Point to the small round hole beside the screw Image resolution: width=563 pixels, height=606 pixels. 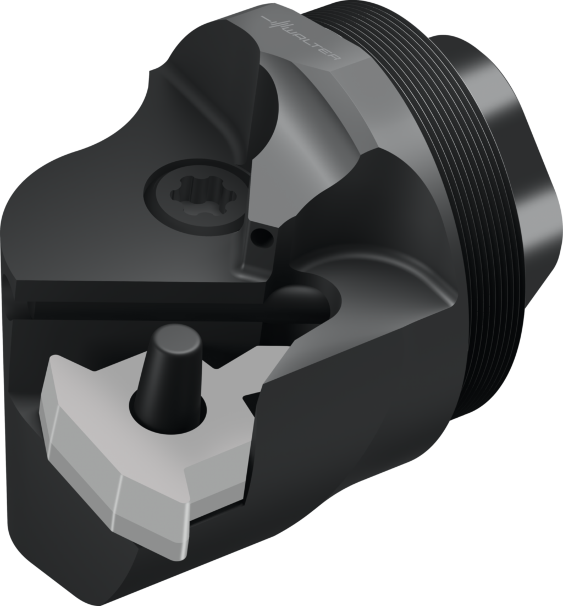click(261, 236)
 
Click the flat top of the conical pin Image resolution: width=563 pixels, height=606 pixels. click(176, 335)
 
